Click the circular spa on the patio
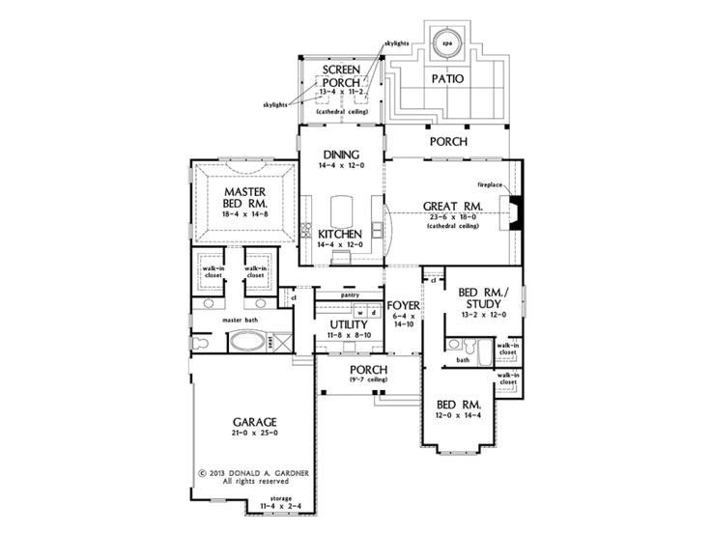[x=446, y=43]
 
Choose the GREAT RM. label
[x=453, y=206]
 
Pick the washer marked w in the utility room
[x=359, y=313]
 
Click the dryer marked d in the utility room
[x=372, y=313]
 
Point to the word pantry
[x=350, y=295]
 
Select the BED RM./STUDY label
[x=473, y=296]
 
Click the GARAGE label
[x=255, y=423]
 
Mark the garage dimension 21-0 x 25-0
[x=255, y=435]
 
